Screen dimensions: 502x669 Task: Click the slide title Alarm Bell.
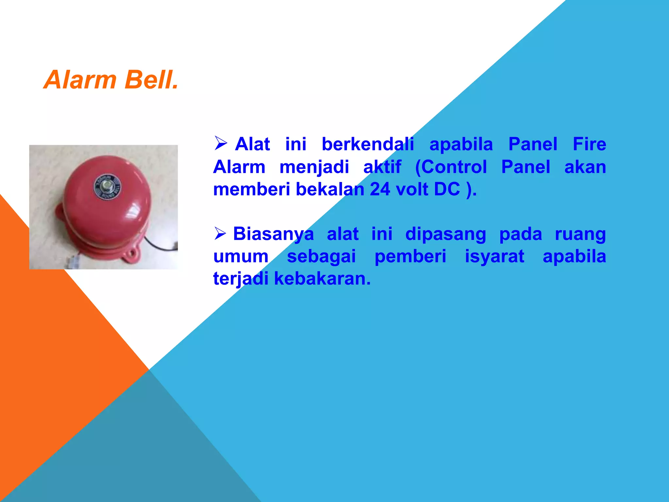coord(111,80)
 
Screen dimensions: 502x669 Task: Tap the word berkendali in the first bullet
coord(368,144)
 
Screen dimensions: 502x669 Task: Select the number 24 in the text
coord(380,189)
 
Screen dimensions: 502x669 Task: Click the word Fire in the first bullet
coord(589,144)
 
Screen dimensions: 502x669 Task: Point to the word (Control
coord(451,167)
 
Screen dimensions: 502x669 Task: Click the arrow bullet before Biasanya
coord(220,233)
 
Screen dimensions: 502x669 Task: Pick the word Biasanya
coord(273,234)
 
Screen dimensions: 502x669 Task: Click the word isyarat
coord(495,256)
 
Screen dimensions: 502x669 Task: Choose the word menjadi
coord(314,167)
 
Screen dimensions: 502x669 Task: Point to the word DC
coord(447,189)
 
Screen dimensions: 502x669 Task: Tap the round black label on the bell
coord(107,187)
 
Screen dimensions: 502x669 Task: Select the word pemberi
coord(410,256)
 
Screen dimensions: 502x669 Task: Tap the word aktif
coord(382,167)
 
